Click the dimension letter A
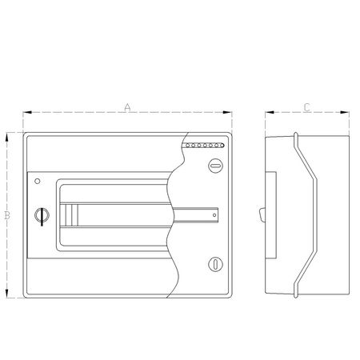click(x=128, y=106)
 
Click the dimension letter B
click(x=6, y=215)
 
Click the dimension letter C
click(x=308, y=106)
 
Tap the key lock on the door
click(x=42, y=214)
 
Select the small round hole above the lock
click(x=36, y=181)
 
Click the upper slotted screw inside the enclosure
click(x=214, y=166)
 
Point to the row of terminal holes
click(x=206, y=146)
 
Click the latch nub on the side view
click(x=262, y=214)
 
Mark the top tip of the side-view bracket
click(x=296, y=134)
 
